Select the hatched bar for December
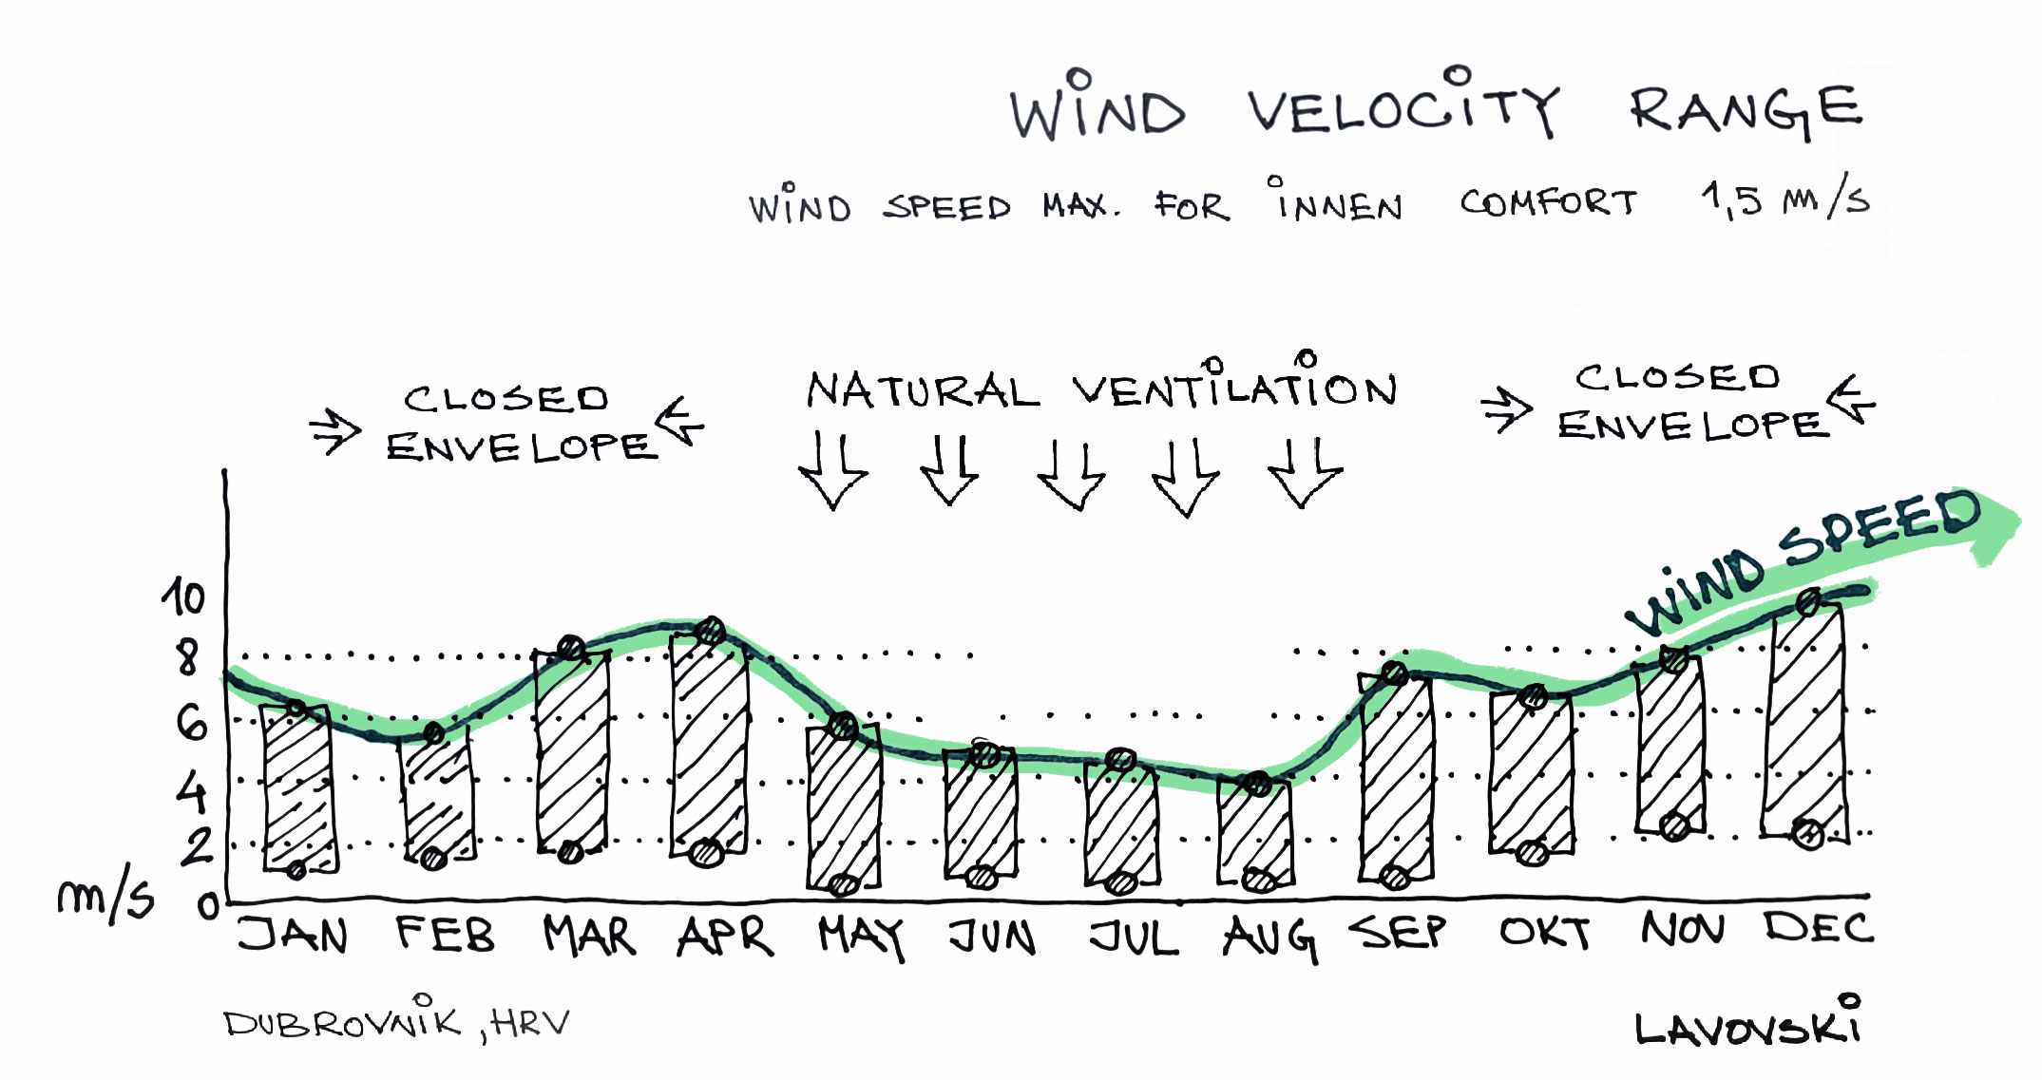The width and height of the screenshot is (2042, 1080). [1805, 722]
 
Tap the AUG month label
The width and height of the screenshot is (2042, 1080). [1269, 938]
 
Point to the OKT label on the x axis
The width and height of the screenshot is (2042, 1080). [1545, 934]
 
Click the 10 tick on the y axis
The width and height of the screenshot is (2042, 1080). [183, 598]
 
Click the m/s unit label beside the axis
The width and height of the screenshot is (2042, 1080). [105, 898]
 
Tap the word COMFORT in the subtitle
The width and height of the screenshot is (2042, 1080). [1549, 203]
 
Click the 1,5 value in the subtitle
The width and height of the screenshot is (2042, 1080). [1732, 200]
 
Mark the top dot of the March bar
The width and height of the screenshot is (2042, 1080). [571, 648]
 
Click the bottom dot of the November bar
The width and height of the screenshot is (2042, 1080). [1675, 827]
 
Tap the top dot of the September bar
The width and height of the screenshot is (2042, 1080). [1395, 673]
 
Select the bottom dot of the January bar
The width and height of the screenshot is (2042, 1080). [296, 869]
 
